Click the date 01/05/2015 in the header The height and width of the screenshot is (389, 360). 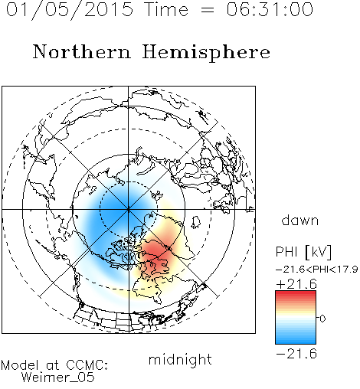(x=70, y=10)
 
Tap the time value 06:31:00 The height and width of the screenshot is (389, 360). (x=270, y=9)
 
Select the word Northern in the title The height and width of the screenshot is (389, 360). (x=82, y=52)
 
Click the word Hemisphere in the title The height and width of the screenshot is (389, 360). (x=206, y=53)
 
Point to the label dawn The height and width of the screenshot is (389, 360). (x=300, y=220)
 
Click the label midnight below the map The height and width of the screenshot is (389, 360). (x=180, y=359)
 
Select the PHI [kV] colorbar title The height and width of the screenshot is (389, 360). (x=303, y=252)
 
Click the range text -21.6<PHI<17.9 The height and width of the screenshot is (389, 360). (x=316, y=270)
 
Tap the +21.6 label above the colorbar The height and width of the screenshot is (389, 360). (x=296, y=284)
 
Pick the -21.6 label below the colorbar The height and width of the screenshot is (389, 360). (x=296, y=354)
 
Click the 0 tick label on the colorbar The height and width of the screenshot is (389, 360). (x=322, y=319)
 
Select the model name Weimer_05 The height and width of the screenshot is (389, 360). (x=58, y=378)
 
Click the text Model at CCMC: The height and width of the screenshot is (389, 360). (x=54, y=365)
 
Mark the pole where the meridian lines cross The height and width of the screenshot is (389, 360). (x=129, y=210)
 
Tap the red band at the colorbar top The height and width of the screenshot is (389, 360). (x=296, y=293)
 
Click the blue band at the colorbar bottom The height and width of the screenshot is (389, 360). (x=296, y=341)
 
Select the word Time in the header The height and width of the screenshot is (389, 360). (x=166, y=10)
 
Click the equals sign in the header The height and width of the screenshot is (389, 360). (x=207, y=11)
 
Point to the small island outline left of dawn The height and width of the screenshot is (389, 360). (x=195, y=221)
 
